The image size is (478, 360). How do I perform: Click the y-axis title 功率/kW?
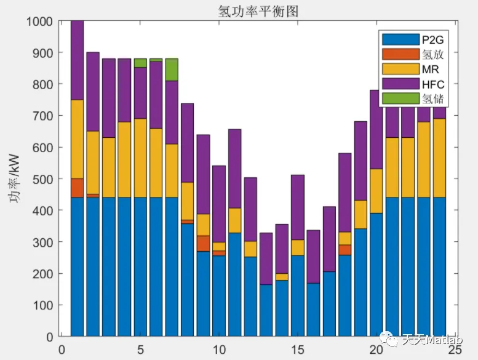point(17,178)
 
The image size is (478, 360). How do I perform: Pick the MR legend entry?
point(431,69)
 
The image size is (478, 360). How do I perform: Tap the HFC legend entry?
point(432,84)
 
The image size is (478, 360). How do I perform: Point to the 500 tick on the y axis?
point(44,179)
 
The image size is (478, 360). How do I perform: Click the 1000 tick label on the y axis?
point(41,21)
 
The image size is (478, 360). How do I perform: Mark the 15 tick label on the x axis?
point(298,350)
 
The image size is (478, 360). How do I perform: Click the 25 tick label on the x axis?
point(455,350)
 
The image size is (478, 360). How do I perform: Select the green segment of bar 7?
point(172,70)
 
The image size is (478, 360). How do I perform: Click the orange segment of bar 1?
point(78,188)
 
